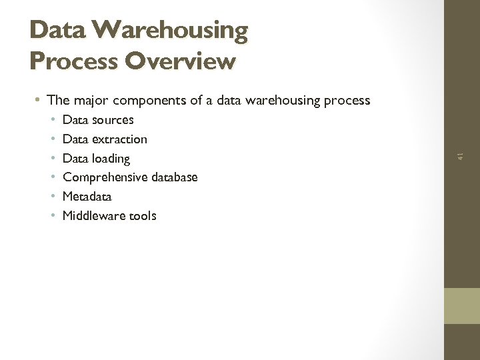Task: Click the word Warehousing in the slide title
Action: [169, 30]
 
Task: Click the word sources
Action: [113, 120]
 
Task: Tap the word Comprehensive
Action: [105, 177]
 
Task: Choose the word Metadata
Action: [87, 197]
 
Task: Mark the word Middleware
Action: [93, 215]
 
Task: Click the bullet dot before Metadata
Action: [53, 197]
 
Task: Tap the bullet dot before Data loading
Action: [53, 159]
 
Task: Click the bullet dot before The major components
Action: [39, 101]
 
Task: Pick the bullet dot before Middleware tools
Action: [53, 215]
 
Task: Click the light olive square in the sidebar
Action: [461, 306]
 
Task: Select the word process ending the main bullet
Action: [346, 101]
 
